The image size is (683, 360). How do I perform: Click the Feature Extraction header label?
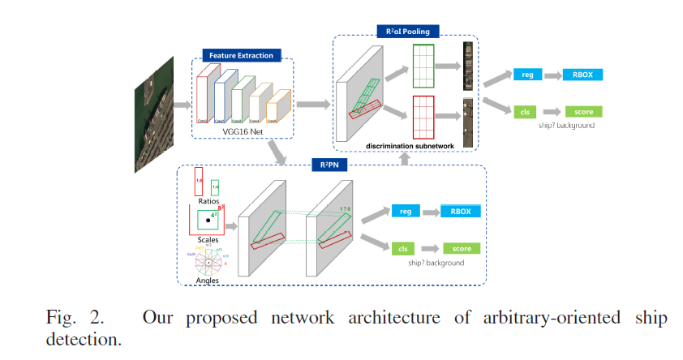pos(242,56)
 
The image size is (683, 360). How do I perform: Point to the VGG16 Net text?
pos(244,131)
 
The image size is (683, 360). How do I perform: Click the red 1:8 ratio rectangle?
pos(198,181)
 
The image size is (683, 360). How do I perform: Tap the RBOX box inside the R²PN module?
pos(460,212)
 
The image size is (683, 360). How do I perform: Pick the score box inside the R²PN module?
pos(460,248)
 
